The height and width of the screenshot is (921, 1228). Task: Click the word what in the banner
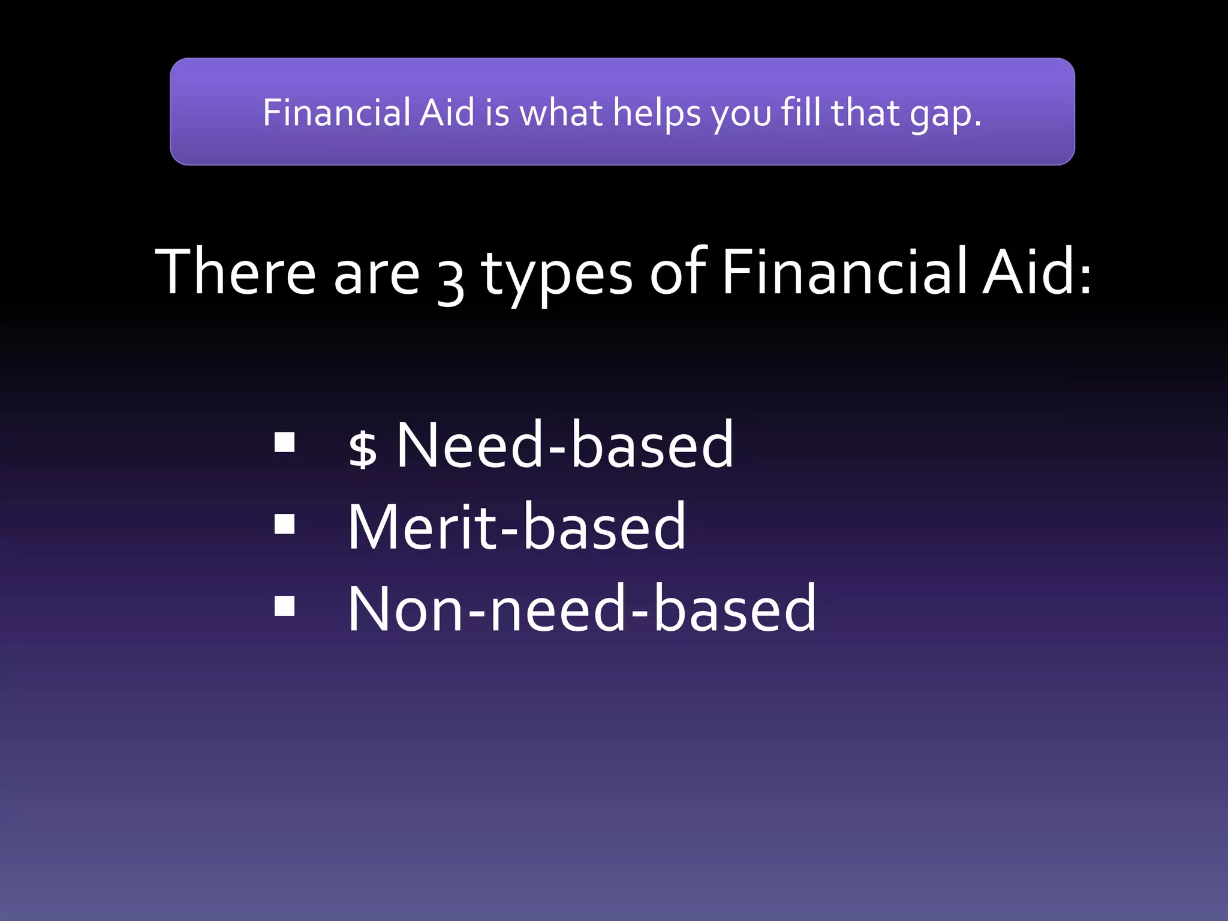[561, 113]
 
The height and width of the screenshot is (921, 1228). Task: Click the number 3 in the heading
[450, 282]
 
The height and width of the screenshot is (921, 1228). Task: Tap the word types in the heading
[556, 276]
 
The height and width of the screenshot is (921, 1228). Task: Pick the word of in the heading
[678, 272]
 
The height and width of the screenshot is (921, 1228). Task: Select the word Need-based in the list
[564, 445]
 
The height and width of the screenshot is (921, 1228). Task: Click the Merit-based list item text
[516, 526]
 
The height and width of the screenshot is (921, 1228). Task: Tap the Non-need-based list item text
[582, 609]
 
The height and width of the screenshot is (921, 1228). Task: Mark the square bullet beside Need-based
[285, 443]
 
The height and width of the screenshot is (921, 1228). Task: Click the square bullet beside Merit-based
[285, 524]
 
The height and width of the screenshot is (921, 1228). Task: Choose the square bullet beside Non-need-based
[285, 606]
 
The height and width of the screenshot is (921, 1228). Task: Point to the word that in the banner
[865, 113]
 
